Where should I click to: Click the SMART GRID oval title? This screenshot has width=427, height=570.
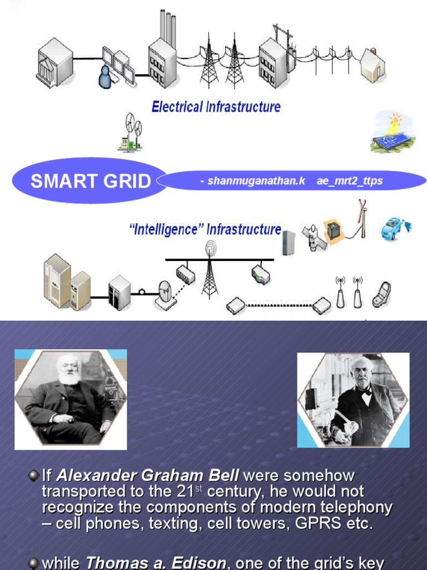(90, 181)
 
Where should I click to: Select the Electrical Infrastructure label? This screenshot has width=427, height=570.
(216, 106)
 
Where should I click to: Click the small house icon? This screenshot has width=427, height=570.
(373, 66)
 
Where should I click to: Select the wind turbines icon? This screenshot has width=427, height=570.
(131, 132)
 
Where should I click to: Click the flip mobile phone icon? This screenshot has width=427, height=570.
(382, 294)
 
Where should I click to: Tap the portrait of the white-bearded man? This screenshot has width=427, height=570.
(70, 399)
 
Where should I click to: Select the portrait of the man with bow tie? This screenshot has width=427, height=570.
(353, 400)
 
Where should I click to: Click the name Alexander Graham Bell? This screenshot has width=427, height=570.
(148, 476)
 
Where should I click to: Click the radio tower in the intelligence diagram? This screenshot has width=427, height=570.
(210, 269)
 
